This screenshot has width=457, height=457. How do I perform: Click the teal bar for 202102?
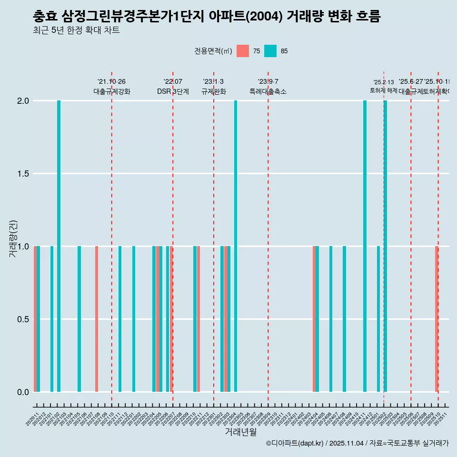click(x=59, y=246)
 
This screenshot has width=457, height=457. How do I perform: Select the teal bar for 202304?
click(x=236, y=246)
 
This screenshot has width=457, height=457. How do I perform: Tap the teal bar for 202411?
click(x=365, y=246)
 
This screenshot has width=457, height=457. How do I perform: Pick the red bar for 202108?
click(x=97, y=319)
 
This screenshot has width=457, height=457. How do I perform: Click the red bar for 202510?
click(x=437, y=319)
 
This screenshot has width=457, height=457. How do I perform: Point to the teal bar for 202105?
click(x=79, y=319)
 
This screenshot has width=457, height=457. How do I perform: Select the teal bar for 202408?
click(x=344, y=319)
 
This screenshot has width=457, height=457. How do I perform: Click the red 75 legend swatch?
click(x=243, y=51)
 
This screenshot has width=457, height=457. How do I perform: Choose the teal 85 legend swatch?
click(x=270, y=51)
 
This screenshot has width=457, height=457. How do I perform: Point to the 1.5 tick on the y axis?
click(x=23, y=174)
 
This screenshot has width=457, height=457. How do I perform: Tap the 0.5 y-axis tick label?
click(x=23, y=319)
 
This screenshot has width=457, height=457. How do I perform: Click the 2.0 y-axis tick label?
click(x=23, y=101)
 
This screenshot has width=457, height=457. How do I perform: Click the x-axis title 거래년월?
click(x=240, y=432)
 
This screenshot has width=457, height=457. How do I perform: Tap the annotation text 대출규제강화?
click(x=111, y=92)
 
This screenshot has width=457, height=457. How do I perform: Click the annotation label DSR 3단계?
click(x=173, y=92)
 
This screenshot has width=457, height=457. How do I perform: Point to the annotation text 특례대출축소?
click(x=268, y=92)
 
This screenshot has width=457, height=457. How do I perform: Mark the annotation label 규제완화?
click(x=213, y=92)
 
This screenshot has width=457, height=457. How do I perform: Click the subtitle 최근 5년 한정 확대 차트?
click(x=76, y=30)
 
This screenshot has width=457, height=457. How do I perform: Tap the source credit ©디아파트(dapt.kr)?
click(x=295, y=443)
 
